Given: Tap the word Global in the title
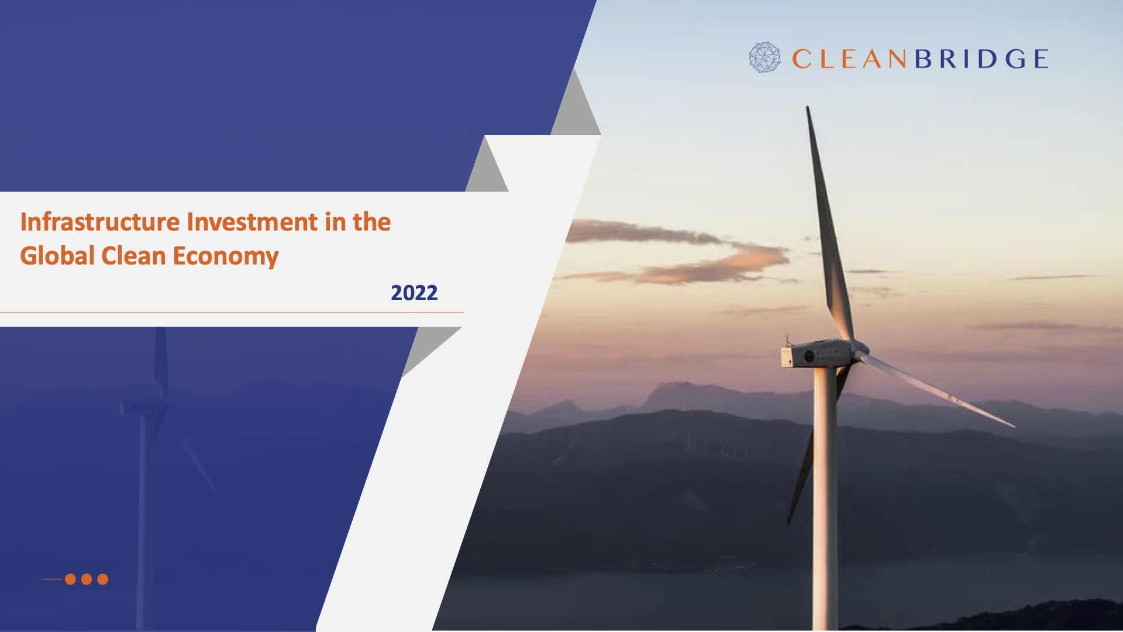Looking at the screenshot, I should click(57, 256).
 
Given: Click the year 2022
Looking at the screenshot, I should click(414, 293).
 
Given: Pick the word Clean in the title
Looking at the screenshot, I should click(133, 256).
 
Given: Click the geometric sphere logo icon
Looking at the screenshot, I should click(764, 57).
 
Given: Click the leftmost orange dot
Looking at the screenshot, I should click(70, 579).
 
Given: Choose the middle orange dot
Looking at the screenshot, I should click(87, 579).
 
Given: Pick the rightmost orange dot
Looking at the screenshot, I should click(103, 579).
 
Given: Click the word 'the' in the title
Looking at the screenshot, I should click(371, 222).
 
